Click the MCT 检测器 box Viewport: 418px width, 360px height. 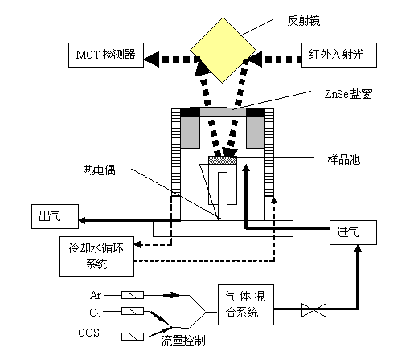106,55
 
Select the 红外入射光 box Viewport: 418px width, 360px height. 339,55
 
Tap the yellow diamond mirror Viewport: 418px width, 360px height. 223,50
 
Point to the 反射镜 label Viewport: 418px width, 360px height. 304,21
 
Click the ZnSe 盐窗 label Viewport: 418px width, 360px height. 348,94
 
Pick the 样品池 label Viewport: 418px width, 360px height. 344,160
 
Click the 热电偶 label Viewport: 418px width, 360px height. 100,170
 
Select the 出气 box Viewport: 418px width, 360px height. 55,216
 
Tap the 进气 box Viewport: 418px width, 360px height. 353,232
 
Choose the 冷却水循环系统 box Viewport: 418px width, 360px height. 96,256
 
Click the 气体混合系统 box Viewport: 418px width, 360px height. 246,305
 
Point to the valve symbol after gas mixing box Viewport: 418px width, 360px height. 313,310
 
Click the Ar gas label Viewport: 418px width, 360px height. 96,295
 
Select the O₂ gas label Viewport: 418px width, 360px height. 95,313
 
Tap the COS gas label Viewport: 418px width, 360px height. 89,333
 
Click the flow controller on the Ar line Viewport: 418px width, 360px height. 133,295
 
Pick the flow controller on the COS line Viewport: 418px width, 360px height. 133,337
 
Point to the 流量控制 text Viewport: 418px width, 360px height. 183,341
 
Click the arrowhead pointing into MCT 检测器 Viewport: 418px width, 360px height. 152,59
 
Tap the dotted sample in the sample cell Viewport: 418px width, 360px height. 223,160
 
